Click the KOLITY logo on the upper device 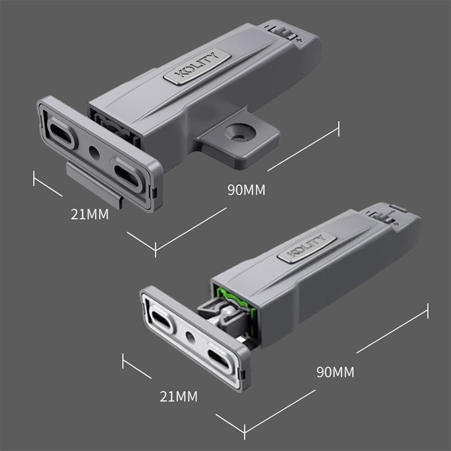[x=197, y=67]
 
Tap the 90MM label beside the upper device [x=246, y=189]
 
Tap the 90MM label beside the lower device [x=335, y=372]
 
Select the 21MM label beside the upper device [x=90, y=213]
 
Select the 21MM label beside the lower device [x=179, y=396]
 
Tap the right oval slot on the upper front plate [x=128, y=174]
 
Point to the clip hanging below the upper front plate [x=94, y=183]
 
